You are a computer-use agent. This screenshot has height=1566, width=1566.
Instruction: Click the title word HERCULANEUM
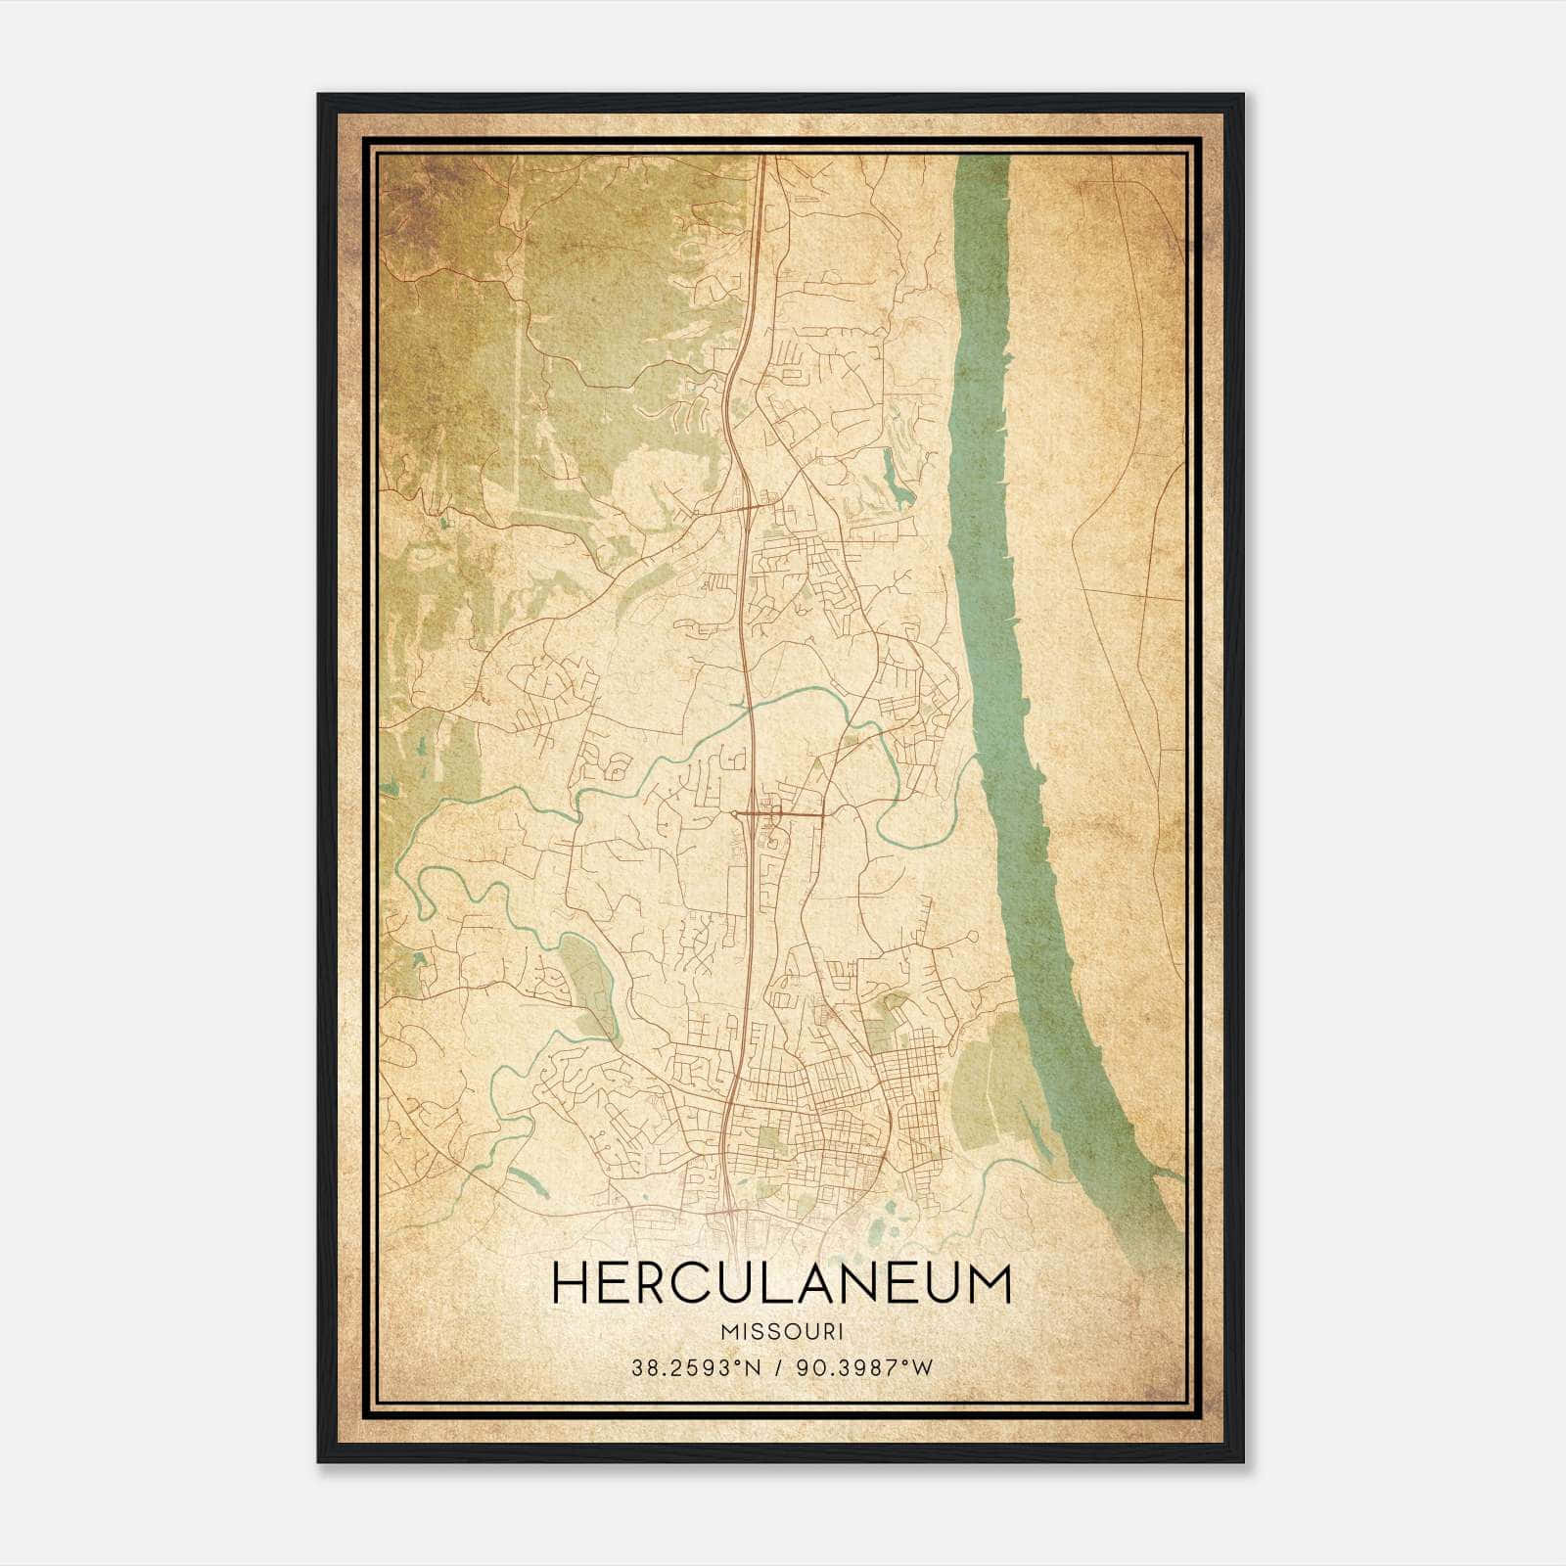[781, 1284]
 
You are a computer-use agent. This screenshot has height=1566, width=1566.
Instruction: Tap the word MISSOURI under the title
[781, 1332]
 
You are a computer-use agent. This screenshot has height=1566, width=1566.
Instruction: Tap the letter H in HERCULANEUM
[571, 1284]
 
